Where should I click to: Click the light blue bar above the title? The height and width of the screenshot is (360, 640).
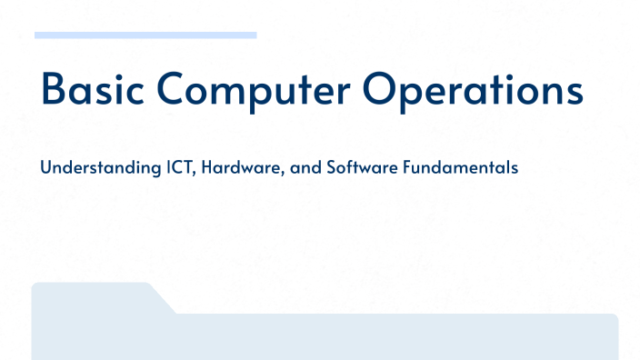145,35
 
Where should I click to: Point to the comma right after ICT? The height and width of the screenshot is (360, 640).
197,174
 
